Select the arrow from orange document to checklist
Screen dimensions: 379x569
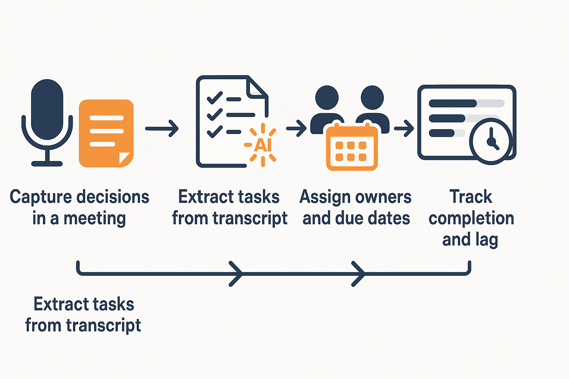click(x=162, y=128)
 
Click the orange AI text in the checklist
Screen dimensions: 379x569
click(x=263, y=145)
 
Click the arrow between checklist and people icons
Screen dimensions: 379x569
click(x=296, y=128)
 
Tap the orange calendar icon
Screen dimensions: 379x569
click(x=352, y=148)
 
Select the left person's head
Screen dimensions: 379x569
click(x=327, y=98)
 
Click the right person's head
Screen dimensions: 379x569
click(x=372, y=98)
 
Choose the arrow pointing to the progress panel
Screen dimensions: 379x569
click(x=404, y=128)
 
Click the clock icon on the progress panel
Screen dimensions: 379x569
click(x=491, y=141)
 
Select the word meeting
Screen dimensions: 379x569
click(x=94, y=218)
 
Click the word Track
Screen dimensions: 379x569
click(x=471, y=197)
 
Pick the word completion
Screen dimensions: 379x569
click(x=471, y=218)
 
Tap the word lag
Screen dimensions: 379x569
click(x=486, y=240)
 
